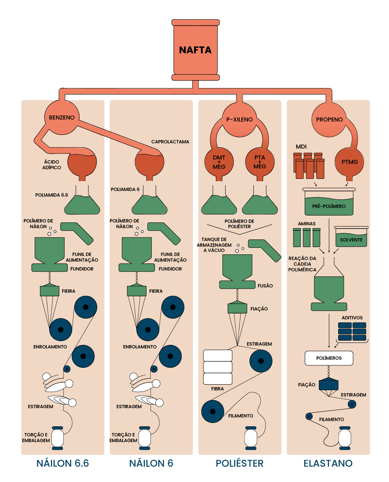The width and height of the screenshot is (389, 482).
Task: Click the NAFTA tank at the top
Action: [195, 50]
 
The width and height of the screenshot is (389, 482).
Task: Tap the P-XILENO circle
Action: [239, 119]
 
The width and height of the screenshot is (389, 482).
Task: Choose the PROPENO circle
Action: [329, 119]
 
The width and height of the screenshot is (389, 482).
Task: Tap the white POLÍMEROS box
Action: [329, 358]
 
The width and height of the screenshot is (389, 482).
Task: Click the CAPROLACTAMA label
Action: [170, 142]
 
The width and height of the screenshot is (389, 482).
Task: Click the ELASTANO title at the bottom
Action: [328, 463]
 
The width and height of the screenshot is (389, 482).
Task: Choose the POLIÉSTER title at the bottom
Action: [239, 463]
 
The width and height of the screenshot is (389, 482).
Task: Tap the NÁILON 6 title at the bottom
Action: [151, 463]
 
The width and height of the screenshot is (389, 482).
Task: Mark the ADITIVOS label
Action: [352, 318]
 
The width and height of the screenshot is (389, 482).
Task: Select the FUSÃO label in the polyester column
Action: [265, 286]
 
